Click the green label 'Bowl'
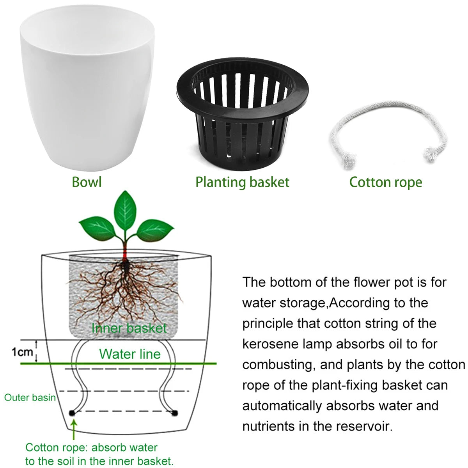pyautogui.click(x=87, y=182)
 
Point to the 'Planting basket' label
pyautogui.click(x=242, y=182)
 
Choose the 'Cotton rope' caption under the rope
pyautogui.click(x=385, y=182)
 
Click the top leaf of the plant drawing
pyautogui.click(x=126, y=209)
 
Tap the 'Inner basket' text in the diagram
pyautogui.click(x=129, y=328)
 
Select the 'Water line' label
pyautogui.click(x=130, y=354)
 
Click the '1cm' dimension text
pyautogui.click(x=22, y=352)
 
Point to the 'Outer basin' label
pyautogui.click(x=30, y=398)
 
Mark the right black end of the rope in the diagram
pyautogui.click(x=174, y=412)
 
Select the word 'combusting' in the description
pyautogui.click(x=278, y=365)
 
